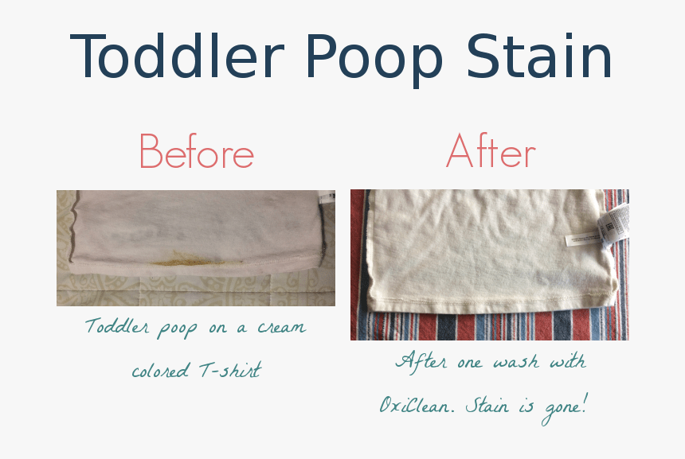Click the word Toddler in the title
tap(177, 57)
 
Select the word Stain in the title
tap(539, 57)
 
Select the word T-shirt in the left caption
tap(231, 371)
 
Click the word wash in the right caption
tap(515, 362)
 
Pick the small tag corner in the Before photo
tap(326, 196)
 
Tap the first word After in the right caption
tap(421, 362)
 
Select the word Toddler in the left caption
tap(116, 327)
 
